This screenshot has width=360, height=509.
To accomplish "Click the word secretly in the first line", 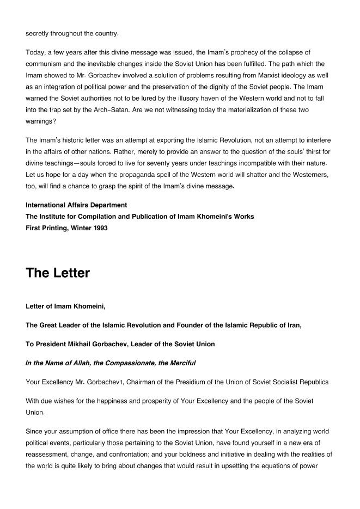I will coord(38,33).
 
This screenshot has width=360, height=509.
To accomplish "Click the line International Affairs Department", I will coord(76,205).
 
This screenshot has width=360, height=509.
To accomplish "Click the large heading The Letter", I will coord(58,273).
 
